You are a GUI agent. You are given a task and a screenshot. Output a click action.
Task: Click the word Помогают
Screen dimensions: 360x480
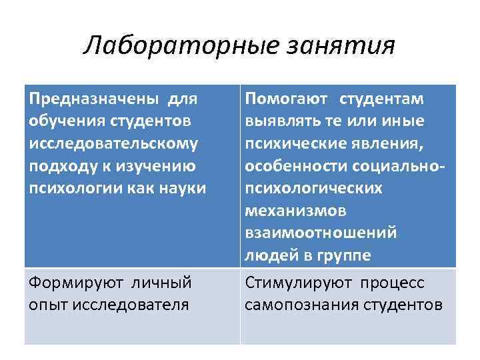(286, 99)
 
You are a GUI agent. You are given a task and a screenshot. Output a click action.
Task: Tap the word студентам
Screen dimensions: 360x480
(382, 99)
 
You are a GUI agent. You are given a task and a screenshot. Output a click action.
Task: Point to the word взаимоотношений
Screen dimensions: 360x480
(321, 233)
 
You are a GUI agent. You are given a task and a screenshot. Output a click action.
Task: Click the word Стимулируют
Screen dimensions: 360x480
(297, 283)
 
